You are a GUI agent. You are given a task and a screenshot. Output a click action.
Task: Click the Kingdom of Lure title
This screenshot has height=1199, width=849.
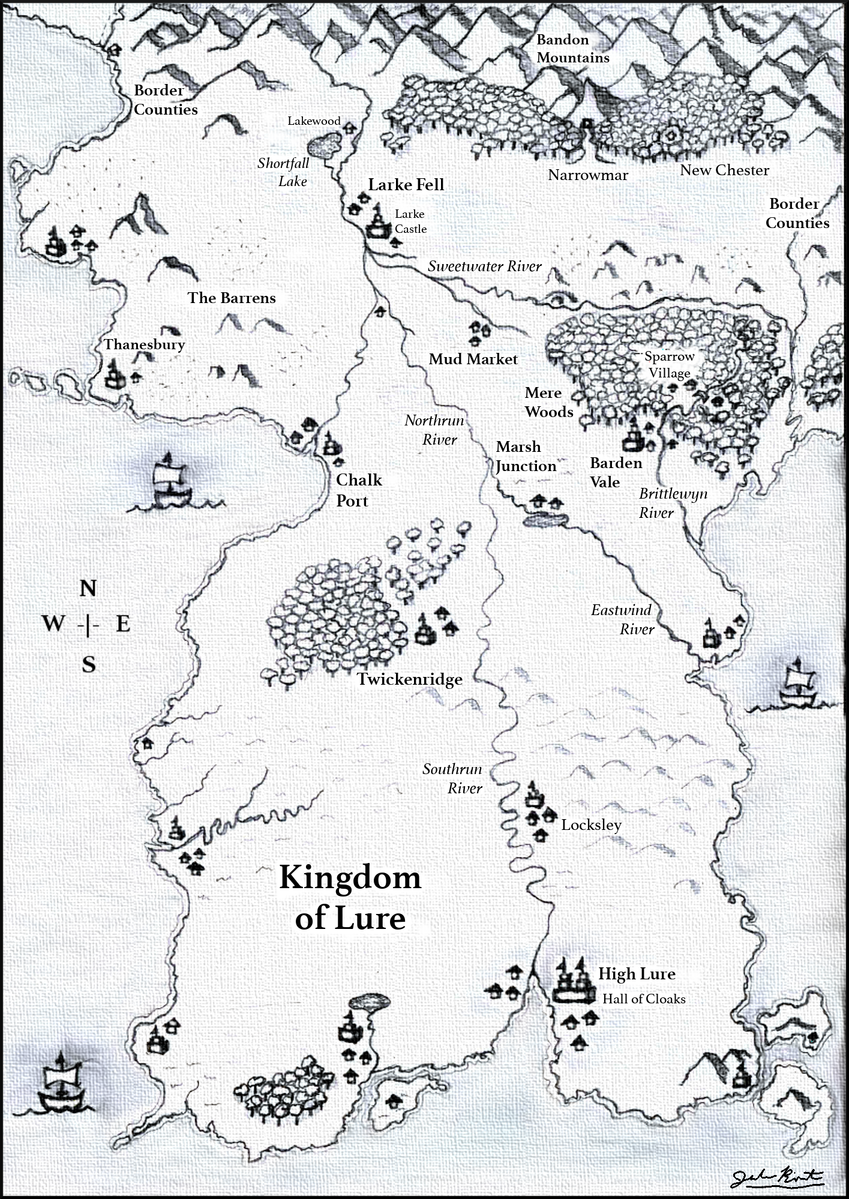pyautogui.click(x=350, y=898)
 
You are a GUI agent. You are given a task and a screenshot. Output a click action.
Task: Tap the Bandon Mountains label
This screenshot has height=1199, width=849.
pyautogui.click(x=572, y=49)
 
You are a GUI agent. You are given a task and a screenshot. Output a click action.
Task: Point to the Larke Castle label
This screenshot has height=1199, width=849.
pyautogui.click(x=410, y=221)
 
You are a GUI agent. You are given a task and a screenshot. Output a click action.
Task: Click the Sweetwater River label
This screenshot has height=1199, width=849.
pyautogui.click(x=484, y=266)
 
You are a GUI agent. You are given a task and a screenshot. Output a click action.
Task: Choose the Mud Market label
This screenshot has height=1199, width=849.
pyautogui.click(x=473, y=359)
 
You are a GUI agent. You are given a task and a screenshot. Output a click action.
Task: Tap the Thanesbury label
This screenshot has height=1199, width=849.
pyautogui.click(x=144, y=344)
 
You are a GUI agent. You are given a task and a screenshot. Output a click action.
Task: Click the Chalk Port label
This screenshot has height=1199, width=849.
pyautogui.click(x=358, y=490)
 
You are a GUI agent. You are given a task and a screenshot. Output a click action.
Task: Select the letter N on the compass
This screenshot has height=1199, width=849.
pyautogui.click(x=88, y=589)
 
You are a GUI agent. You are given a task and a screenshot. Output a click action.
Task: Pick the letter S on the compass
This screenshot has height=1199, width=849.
pyautogui.click(x=89, y=665)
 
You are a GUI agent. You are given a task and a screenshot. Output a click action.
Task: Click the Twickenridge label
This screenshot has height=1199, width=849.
pyautogui.click(x=410, y=679)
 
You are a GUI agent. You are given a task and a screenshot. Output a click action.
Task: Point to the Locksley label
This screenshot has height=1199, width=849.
pyautogui.click(x=591, y=825)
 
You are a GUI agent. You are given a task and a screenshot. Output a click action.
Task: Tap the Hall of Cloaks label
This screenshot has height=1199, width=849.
pyautogui.click(x=644, y=999)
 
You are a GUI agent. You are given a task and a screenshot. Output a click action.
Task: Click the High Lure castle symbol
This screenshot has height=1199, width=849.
pyautogui.click(x=571, y=982)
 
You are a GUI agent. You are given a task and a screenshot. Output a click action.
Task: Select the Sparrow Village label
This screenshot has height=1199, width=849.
pyautogui.click(x=669, y=365)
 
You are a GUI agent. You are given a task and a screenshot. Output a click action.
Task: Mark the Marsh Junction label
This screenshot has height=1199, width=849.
pyautogui.click(x=526, y=457)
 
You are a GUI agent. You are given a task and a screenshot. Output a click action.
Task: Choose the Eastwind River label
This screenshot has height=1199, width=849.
pyautogui.click(x=622, y=619)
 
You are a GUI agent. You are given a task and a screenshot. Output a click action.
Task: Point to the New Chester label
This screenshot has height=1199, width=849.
pyautogui.click(x=724, y=170)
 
